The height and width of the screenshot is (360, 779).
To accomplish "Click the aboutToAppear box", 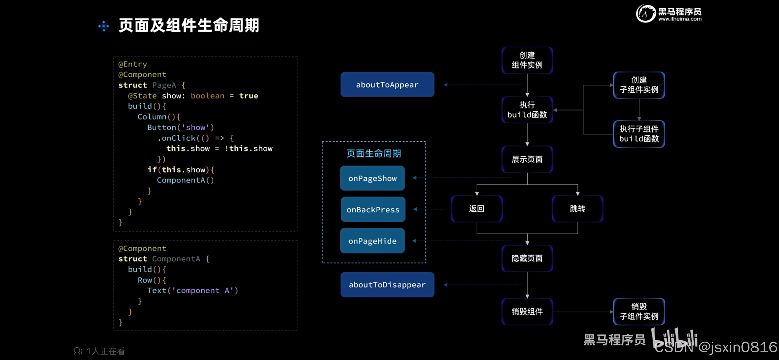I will [387, 85].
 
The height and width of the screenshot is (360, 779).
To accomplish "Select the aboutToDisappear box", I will [387, 285].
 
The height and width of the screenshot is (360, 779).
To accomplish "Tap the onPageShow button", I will [372, 178].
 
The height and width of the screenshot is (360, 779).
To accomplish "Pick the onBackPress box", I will [373, 210].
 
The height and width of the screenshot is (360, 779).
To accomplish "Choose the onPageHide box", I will [372, 241].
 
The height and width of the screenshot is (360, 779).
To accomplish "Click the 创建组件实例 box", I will [527, 60].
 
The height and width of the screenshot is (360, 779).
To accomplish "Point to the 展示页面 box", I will [527, 159].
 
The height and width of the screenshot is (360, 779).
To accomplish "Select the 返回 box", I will [477, 209].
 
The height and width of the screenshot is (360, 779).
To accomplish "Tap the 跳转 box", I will [577, 209].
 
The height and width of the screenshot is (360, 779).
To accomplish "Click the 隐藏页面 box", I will [527, 258].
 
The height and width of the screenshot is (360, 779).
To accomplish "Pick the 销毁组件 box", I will [527, 312].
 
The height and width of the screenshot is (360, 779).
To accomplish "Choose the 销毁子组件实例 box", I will [639, 311].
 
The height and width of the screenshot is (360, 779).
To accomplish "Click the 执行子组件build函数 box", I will [639, 134].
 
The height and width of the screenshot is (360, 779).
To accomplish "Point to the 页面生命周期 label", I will [374, 153].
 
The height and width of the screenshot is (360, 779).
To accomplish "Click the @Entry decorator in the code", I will [133, 64].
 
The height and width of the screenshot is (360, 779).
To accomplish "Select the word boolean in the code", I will [207, 96].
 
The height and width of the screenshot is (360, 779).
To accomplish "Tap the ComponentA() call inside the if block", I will [185, 180].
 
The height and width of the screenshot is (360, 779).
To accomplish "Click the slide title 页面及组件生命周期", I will [189, 25].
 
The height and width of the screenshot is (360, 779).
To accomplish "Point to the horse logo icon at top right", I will [645, 14].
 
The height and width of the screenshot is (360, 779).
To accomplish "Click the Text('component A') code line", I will [193, 290].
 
